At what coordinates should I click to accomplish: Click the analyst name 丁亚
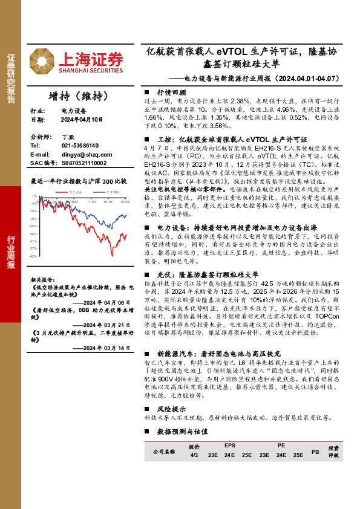click(x=67, y=137)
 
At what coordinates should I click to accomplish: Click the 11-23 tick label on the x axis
click(x=91, y=203)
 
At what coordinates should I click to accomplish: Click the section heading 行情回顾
click(x=170, y=91)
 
